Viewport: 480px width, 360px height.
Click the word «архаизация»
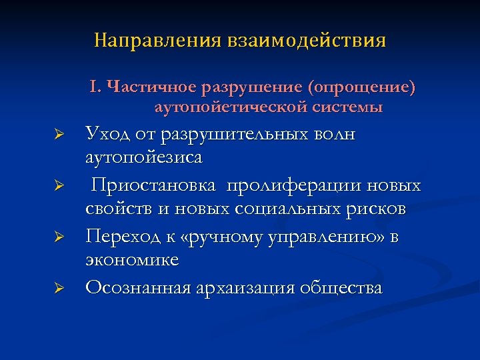(x=247, y=287)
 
